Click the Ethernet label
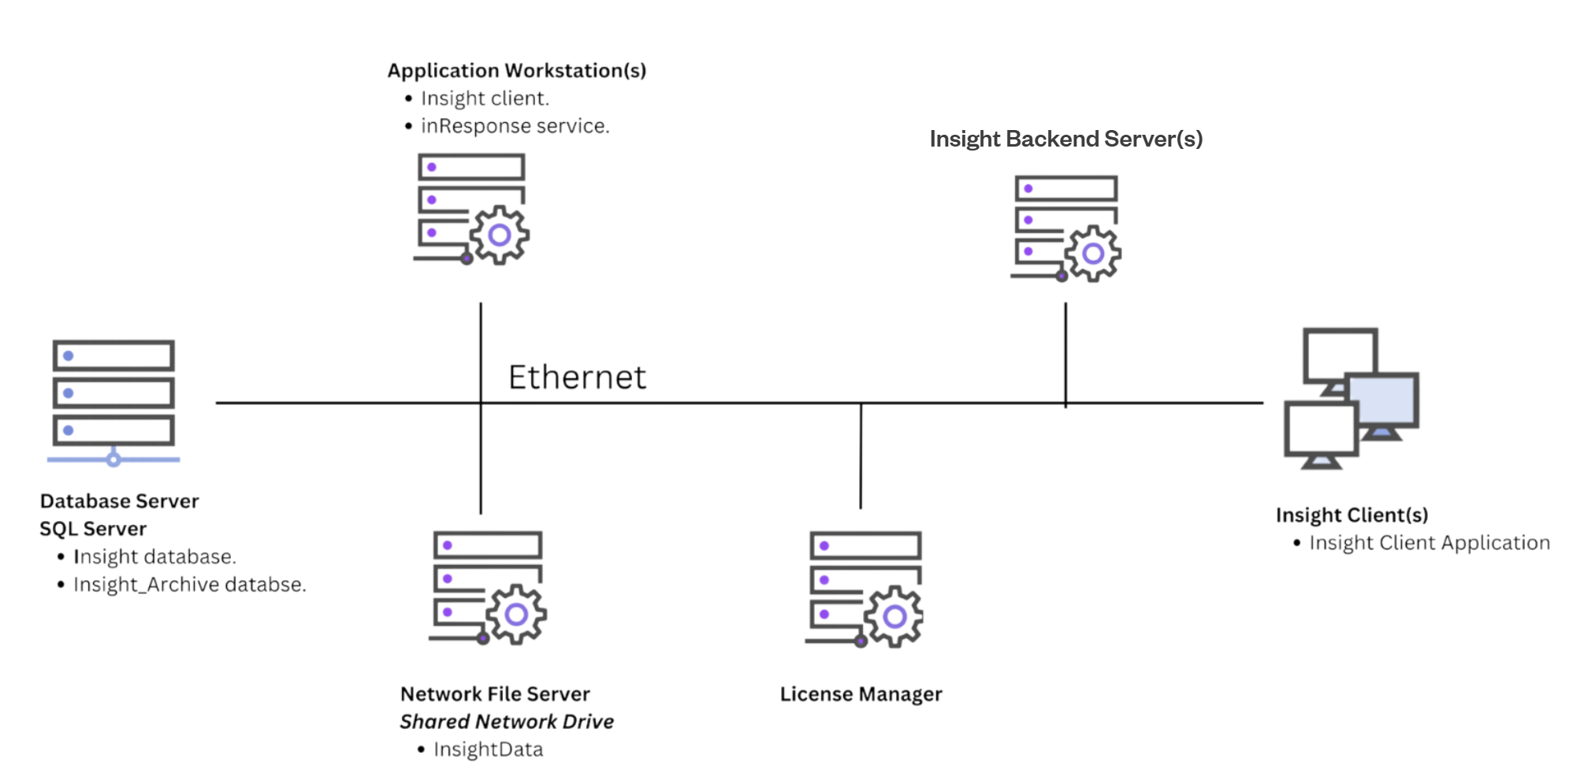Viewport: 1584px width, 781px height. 577,377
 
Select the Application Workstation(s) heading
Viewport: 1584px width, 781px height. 516,71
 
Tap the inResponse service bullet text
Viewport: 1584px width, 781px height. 515,126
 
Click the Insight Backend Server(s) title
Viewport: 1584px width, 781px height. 1065,139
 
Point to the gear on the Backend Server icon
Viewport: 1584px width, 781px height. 1092,254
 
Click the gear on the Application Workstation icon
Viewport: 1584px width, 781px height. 500,235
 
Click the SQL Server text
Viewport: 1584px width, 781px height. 93,529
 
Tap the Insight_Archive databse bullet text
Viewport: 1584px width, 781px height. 189,585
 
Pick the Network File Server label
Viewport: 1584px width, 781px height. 495,694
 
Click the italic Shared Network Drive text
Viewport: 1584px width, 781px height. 507,722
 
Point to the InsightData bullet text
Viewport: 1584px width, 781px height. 488,749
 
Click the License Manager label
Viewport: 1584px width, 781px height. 861,694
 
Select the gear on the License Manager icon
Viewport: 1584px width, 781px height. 894,616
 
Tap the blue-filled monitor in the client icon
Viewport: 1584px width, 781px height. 1384,400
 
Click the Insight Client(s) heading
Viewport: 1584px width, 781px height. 1352,515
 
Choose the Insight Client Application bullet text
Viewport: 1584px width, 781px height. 1429,543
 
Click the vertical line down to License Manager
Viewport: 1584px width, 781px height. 861,457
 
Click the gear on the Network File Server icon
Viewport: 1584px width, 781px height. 516,615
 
